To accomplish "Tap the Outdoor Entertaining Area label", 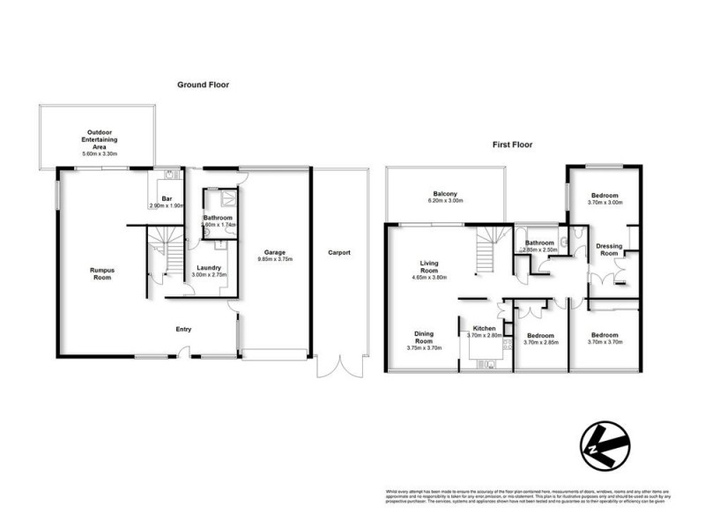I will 99,140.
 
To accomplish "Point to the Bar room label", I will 167,199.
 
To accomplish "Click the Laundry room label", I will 208,268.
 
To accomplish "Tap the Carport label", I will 339,253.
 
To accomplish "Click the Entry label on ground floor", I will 183,330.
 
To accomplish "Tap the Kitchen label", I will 484,329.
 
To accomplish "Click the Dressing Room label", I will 609,250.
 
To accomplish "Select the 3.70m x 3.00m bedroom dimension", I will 605,203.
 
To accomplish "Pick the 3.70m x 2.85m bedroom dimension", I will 539,342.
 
